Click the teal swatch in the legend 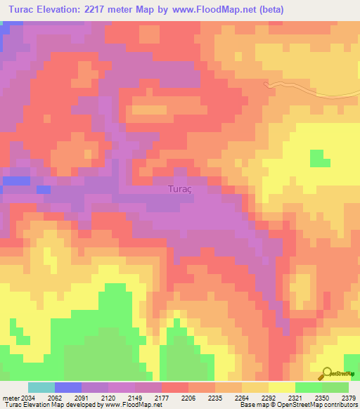point(41,387)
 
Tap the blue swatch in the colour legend point(68,387)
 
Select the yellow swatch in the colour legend point(282,387)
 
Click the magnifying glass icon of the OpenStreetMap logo point(326,373)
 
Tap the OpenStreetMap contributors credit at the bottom point(323,405)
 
